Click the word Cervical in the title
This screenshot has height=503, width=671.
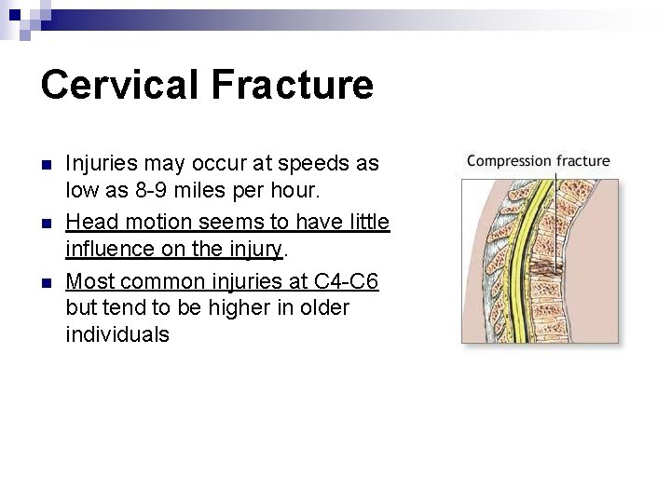click(120, 85)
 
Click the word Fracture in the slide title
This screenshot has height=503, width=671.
click(292, 85)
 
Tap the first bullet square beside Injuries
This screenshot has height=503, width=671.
click(47, 165)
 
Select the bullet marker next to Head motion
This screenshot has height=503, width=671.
click(47, 224)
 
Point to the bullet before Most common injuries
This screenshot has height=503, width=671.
click(47, 281)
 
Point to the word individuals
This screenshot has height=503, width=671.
click(117, 335)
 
